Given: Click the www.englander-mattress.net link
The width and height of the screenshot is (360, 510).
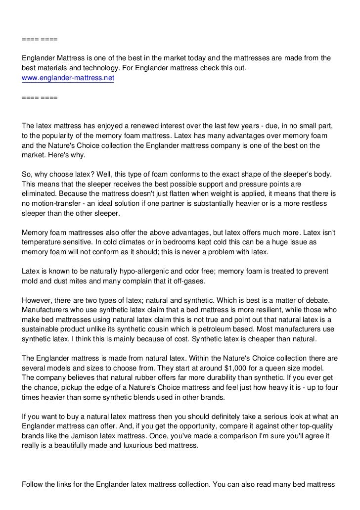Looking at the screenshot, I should [68, 78].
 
